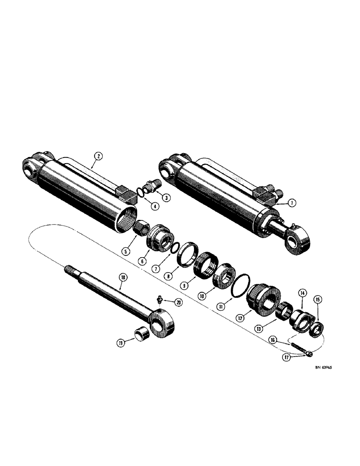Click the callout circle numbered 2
point(97,157)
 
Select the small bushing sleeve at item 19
point(143,334)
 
